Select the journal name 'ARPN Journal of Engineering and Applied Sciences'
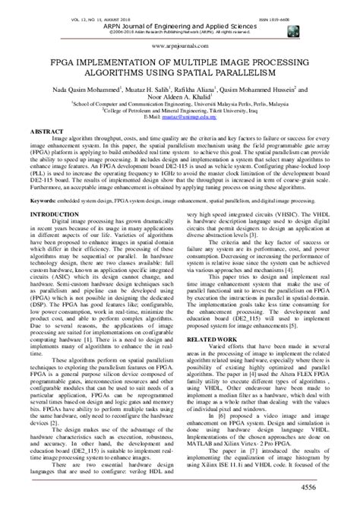179,15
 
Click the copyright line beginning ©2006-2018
179,23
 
